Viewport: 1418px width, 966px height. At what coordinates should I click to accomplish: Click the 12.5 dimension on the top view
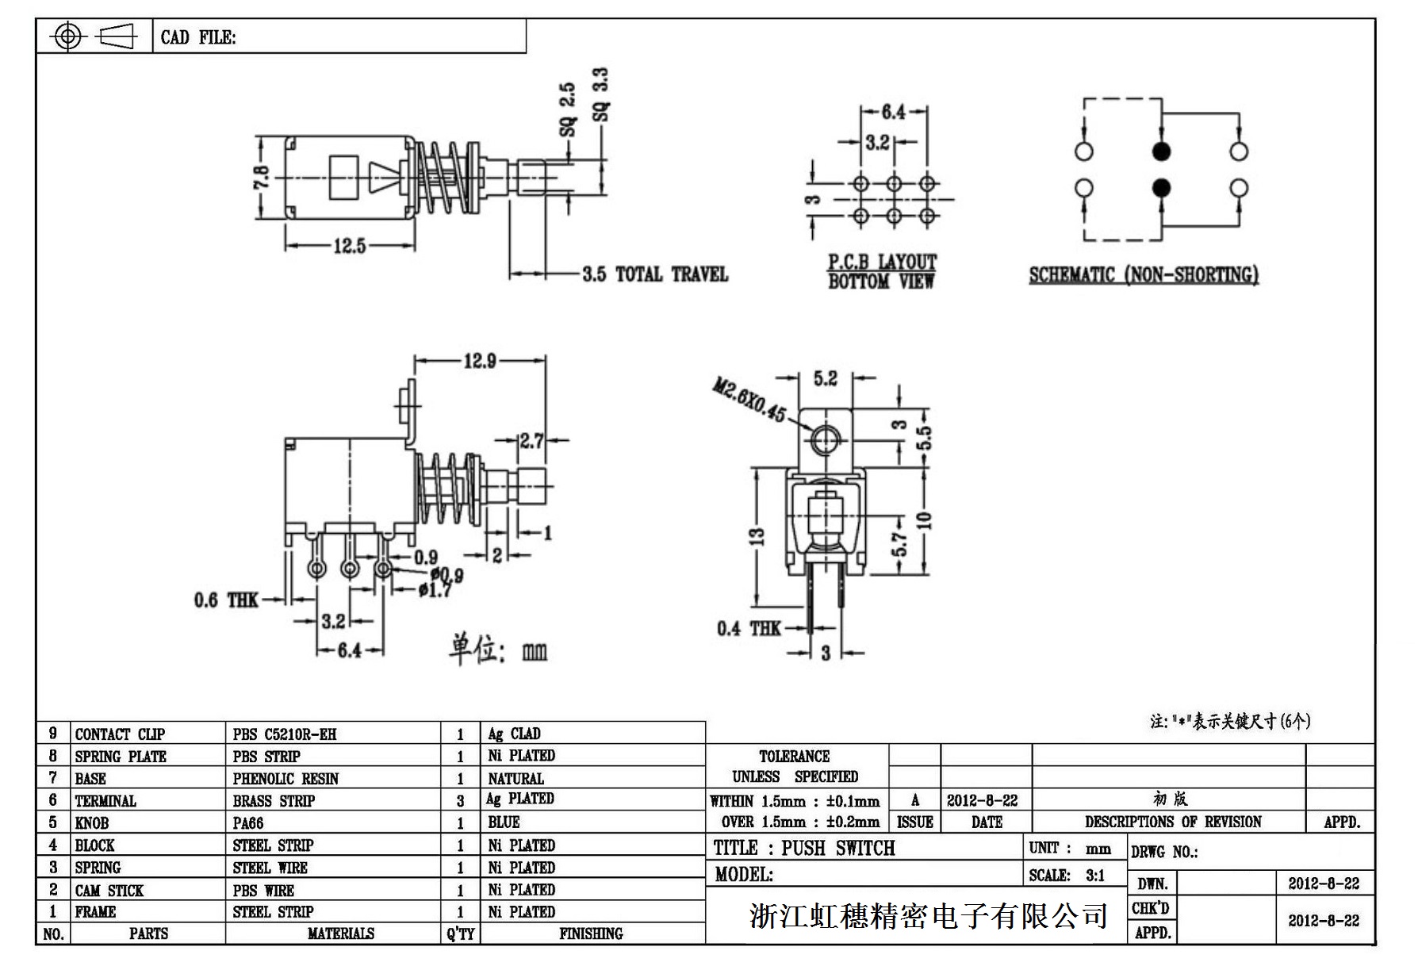349,246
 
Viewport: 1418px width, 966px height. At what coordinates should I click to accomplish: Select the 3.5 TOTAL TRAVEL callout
654,274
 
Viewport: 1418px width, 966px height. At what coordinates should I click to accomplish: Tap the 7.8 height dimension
262,177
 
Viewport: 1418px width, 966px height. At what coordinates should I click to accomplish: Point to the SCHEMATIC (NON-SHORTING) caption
1144,275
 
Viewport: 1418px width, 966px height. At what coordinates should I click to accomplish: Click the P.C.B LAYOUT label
882,262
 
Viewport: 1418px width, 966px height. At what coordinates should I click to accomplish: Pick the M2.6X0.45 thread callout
749,401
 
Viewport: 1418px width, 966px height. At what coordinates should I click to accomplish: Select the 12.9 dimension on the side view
480,362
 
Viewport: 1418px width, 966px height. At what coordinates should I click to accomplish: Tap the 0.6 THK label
226,600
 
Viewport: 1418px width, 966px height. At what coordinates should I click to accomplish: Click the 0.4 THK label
749,629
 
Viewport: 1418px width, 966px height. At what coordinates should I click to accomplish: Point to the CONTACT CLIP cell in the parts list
120,734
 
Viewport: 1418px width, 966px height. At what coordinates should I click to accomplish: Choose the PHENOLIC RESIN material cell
286,779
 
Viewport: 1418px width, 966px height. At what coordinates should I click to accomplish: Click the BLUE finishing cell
504,822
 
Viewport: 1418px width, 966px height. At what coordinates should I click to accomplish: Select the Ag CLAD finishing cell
514,734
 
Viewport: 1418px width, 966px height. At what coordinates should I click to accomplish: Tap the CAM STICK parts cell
109,890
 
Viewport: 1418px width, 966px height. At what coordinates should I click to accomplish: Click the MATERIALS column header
340,933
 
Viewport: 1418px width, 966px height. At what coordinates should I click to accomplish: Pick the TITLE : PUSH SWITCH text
804,848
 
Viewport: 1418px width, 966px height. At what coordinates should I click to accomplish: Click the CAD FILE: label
198,37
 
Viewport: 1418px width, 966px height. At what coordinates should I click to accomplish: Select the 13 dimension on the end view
757,536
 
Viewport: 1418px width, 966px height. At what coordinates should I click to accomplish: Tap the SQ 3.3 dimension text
601,94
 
